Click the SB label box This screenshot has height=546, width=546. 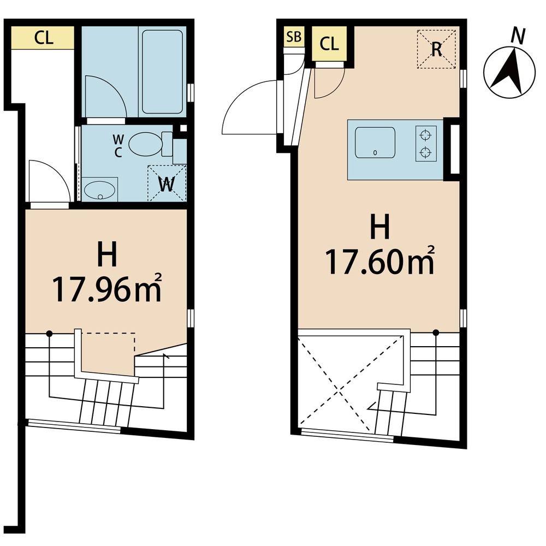tap(294, 37)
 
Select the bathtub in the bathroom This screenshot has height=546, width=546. tap(162, 72)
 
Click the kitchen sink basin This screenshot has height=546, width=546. tap(375, 143)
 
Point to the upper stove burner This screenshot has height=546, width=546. tap(425, 134)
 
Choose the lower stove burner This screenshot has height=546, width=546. tap(425, 152)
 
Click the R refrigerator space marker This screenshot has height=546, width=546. tap(436, 49)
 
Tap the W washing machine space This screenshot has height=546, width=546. tap(167, 183)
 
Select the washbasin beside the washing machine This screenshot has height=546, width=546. tap(99, 191)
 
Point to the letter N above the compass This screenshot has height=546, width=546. tap(518, 35)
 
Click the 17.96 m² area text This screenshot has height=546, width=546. tap(107, 289)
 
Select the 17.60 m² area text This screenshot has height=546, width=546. tap(380, 261)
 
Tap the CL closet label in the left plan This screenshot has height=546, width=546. tap(44, 38)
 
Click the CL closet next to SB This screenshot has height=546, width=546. tap(329, 44)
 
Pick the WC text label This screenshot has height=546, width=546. tap(118, 146)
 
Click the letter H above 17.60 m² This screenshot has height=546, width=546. tap(380, 227)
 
